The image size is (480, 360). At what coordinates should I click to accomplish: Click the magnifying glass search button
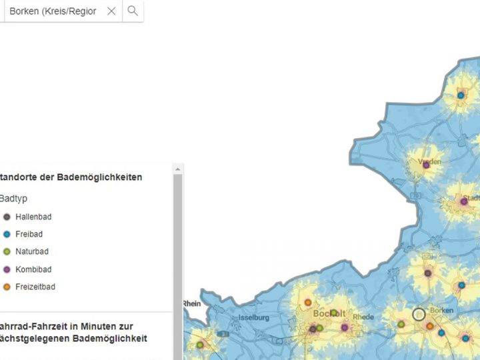click(x=133, y=11)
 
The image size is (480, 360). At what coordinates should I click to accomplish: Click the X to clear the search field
click(x=111, y=11)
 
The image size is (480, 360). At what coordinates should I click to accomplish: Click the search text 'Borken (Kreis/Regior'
click(x=53, y=11)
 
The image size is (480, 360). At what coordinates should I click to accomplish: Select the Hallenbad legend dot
click(x=7, y=217)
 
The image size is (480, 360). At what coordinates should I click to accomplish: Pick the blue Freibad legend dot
click(x=7, y=234)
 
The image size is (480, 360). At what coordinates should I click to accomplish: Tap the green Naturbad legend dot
click(x=7, y=251)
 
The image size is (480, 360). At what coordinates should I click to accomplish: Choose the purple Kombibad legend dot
click(x=7, y=269)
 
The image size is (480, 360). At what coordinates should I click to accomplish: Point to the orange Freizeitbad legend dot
click(x=7, y=287)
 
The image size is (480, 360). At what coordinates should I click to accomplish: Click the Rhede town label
click(x=363, y=317)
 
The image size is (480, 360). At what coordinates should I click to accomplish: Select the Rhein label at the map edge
click(x=192, y=303)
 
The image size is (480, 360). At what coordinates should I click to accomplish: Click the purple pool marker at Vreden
click(x=426, y=165)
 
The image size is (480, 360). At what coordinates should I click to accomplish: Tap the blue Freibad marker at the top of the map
click(x=461, y=95)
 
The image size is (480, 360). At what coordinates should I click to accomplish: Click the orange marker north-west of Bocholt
click(x=308, y=302)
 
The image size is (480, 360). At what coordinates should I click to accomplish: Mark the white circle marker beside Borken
click(x=419, y=314)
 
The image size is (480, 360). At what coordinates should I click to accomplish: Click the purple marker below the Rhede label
click(x=345, y=327)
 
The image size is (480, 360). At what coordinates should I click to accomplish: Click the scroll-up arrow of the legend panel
click(x=177, y=170)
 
